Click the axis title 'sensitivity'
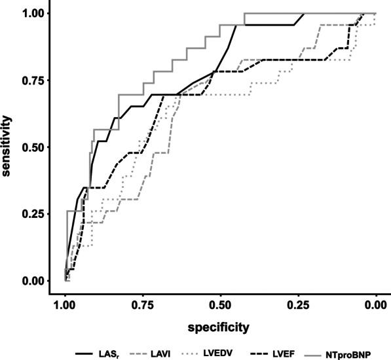tap(9, 147)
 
